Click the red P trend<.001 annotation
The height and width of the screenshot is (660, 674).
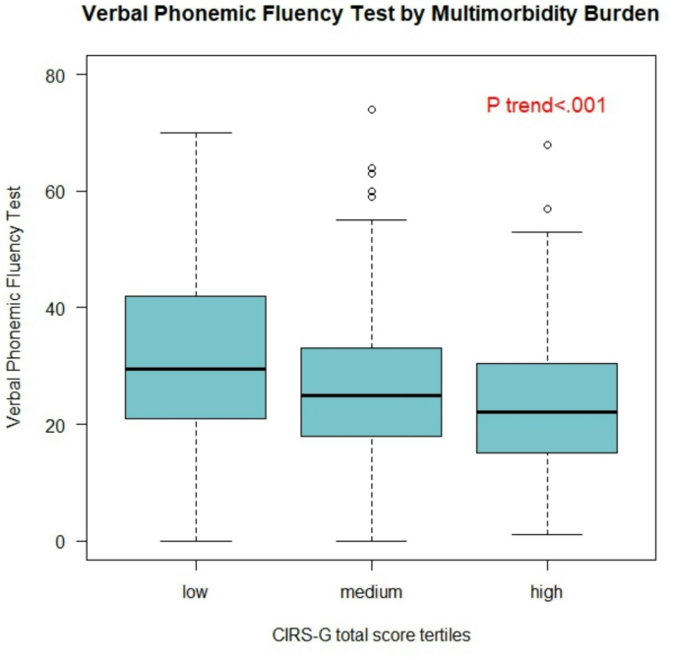tap(545, 105)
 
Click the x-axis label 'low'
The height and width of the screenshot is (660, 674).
tap(196, 592)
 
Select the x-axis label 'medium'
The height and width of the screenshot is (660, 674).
tap(371, 592)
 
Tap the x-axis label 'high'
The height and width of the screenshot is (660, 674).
tap(547, 592)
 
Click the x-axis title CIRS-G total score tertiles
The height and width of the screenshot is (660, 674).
tap(371, 635)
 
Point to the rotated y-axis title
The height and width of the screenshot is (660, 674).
tap(14, 307)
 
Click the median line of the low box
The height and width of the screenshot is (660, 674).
tap(196, 369)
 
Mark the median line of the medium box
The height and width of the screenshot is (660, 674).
tap(371, 395)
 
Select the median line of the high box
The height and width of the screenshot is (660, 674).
tap(547, 412)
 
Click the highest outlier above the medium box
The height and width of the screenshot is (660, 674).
tap(371, 109)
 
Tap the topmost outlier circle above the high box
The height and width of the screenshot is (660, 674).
tap(547, 145)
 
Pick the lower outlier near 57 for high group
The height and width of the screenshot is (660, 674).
tap(547, 209)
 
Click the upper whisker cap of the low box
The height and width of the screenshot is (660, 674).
tap(196, 133)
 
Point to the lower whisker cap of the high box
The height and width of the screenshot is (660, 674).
tap(547, 535)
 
